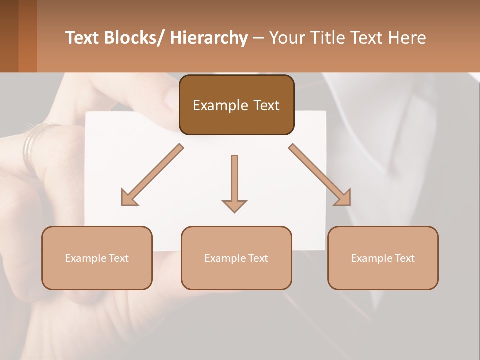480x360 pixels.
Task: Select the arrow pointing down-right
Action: (320, 175)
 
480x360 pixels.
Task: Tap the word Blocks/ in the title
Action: (132, 38)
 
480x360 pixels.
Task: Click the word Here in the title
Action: (407, 38)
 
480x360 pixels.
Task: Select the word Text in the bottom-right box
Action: (404, 258)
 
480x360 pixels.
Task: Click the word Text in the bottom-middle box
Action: (258, 258)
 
